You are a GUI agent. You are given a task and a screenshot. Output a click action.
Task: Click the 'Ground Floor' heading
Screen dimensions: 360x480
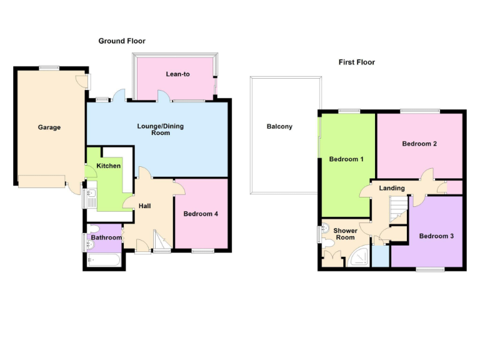(122, 41)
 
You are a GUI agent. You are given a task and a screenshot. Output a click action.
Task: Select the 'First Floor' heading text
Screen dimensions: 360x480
(356, 62)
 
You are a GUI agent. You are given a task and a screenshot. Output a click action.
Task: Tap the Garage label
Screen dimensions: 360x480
(49, 127)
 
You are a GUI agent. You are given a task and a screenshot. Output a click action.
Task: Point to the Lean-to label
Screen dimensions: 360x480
(177, 74)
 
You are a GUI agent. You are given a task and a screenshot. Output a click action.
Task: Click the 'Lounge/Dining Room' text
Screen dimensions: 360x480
(161, 130)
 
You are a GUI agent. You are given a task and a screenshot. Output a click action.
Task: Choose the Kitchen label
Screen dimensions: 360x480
(108, 166)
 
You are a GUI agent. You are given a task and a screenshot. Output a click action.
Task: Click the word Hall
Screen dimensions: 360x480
(144, 206)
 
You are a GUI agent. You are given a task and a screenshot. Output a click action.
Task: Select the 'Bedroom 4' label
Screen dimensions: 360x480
(201, 214)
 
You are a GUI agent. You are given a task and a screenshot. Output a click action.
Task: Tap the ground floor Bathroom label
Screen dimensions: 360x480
(106, 237)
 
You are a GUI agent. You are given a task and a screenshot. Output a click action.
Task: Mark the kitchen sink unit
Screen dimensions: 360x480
(91, 197)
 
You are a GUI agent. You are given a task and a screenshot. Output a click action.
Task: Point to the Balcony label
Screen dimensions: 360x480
(279, 127)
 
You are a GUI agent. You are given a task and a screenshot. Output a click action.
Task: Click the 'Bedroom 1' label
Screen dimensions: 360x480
(346, 159)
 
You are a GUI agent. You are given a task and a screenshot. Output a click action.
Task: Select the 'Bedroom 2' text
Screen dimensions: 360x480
(419, 144)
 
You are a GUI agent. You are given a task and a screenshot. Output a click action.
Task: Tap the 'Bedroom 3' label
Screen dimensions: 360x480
(436, 236)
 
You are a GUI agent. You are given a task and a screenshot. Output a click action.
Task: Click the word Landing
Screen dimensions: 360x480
(392, 188)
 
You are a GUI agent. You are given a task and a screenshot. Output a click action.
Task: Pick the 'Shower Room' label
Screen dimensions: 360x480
(345, 234)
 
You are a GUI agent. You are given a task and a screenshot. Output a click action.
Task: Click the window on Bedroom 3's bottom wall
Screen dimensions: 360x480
(431, 269)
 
